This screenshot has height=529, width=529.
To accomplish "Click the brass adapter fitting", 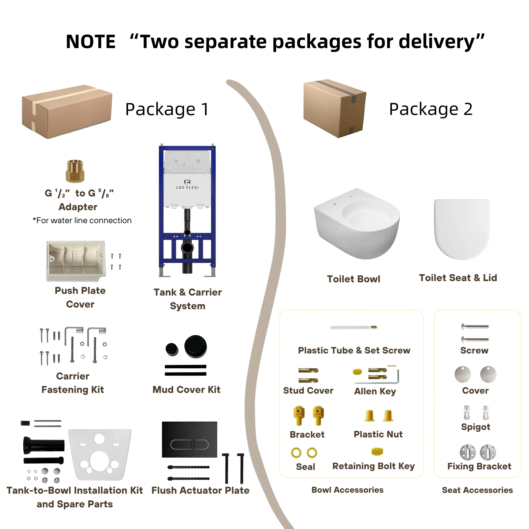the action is [75, 171].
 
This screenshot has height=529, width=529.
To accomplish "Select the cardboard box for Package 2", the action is [335, 108].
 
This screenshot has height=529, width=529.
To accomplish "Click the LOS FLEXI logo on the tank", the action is [187, 184].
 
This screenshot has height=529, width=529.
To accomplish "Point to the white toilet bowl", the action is [357, 223].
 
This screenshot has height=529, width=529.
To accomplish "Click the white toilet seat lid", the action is [462, 229].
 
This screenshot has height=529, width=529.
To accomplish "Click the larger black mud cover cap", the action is [195, 346].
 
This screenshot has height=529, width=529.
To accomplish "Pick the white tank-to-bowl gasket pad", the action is [99, 454].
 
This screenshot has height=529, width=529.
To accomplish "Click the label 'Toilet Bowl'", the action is [353, 279].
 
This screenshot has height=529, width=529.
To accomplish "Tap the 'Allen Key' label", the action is [375, 391].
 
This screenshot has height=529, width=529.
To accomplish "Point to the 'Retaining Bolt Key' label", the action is [373, 466].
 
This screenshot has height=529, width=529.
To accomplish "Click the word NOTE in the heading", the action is [91, 42].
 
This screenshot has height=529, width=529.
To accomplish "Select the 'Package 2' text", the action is [431, 109].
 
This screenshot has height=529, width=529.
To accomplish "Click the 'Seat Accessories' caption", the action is [477, 490].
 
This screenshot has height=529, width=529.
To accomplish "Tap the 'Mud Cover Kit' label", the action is [186, 390].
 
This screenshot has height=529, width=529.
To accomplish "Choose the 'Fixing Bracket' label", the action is [479, 466].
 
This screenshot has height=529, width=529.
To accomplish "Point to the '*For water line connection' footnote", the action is [82, 220].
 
